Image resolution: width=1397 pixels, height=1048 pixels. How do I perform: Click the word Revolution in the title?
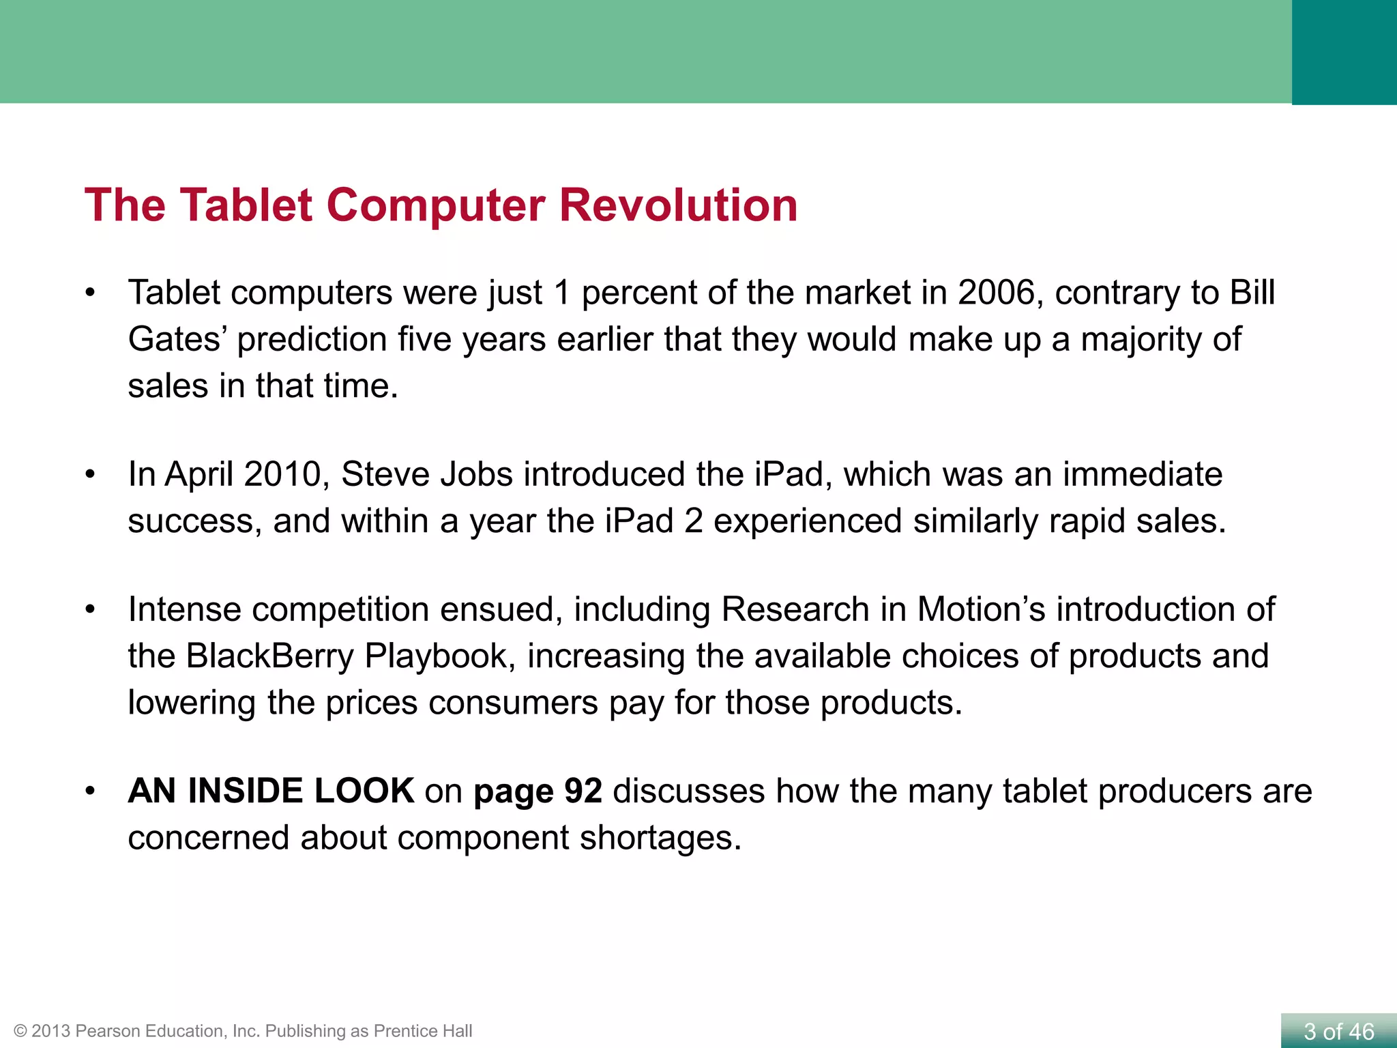[678, 205]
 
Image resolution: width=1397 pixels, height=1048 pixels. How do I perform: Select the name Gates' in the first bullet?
[178, 340]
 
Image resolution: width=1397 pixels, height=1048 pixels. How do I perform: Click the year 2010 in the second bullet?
[282, 475]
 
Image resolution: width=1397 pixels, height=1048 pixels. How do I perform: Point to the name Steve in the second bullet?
[385, 475]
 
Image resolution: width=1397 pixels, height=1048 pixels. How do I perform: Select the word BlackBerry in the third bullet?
[269, 656]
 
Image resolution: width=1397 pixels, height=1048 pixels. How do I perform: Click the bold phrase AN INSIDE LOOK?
[271, 791]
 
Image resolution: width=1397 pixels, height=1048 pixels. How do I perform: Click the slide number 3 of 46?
[1338, 1032]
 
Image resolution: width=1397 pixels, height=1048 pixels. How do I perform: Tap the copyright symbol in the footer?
[20, 1031]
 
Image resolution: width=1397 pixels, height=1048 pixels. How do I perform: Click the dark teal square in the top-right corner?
[1344, 52]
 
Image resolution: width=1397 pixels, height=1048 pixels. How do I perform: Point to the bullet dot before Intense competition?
[90, 610]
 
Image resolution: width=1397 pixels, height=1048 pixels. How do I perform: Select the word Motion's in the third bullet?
[981, 610]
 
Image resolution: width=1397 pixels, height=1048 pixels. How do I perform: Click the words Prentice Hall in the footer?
[423, 1031]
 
